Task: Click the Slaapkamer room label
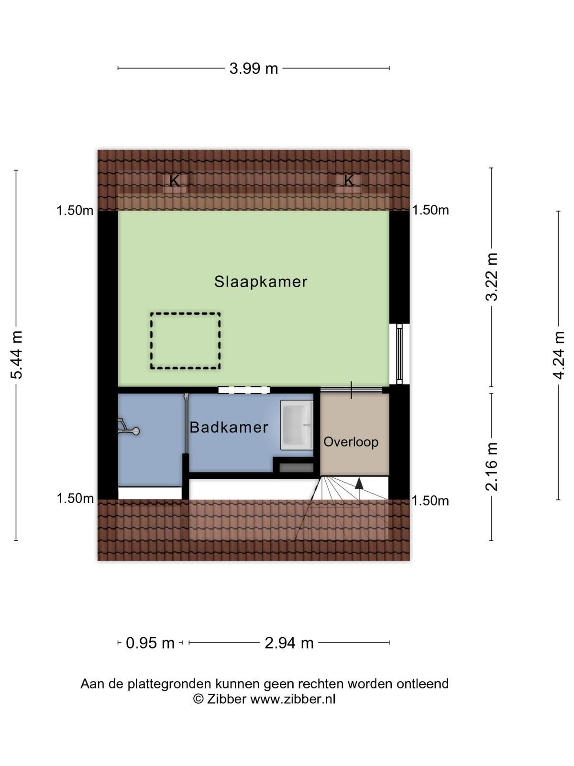(261, 282)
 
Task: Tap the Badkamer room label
(229, 427)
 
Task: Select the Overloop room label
(351, 442)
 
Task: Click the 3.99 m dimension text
(254, 68)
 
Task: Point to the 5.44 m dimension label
(17, 355)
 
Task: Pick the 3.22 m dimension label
(492, 277)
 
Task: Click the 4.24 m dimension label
(558, 355)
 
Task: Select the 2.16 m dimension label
(492, 467)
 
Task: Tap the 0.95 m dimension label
(150, 643)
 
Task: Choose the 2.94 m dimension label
(289, 643)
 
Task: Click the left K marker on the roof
(174, 181)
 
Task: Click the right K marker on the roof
(349, 180)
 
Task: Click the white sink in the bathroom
(297, 425)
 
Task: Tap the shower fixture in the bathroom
(128, 428)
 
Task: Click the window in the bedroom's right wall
(399, 354)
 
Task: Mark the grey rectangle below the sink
(296, 468)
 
